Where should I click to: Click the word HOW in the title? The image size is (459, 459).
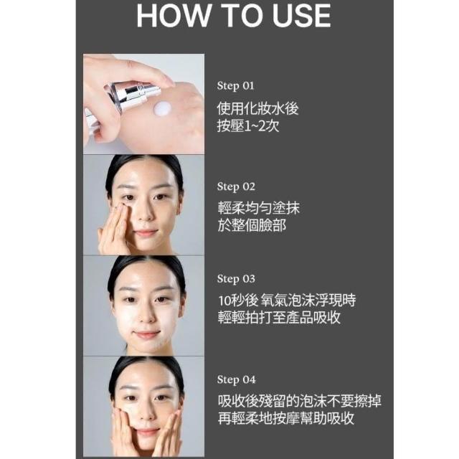pos(174,16)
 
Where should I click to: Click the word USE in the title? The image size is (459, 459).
pos(301,16)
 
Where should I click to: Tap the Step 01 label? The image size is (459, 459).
pos(236,86)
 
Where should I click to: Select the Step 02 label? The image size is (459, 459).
pos(236,186)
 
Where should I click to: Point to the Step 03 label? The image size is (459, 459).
pos(236,279)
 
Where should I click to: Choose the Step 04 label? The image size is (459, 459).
pos(236,379)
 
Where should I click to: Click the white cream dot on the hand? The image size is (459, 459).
pos(162,109)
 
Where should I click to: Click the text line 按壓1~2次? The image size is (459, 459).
pos(248,126)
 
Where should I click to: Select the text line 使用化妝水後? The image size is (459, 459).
pos(258,108)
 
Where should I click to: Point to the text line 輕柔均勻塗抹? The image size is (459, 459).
pos(259,208)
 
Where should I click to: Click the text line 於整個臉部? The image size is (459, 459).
pos(252,226)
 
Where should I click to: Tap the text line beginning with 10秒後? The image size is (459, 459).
pos(287,301)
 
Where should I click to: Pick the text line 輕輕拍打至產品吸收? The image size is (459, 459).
pos(279,318)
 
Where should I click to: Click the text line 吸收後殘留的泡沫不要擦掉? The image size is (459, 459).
pos(300,401)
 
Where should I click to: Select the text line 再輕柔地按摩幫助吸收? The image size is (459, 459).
pos(286,419)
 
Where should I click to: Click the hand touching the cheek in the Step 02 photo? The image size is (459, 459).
pos(115,228)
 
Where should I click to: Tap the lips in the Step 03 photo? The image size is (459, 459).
pos(146,333)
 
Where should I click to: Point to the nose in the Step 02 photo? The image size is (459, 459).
pos(145,212)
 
